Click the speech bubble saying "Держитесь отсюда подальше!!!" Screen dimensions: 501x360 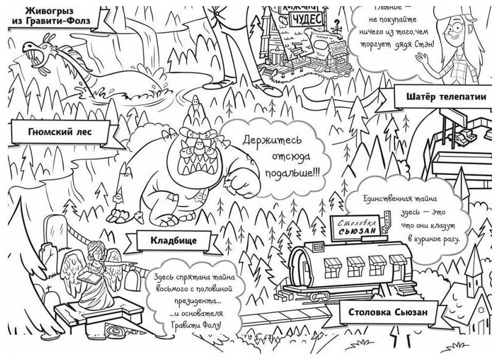coord(273,155)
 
